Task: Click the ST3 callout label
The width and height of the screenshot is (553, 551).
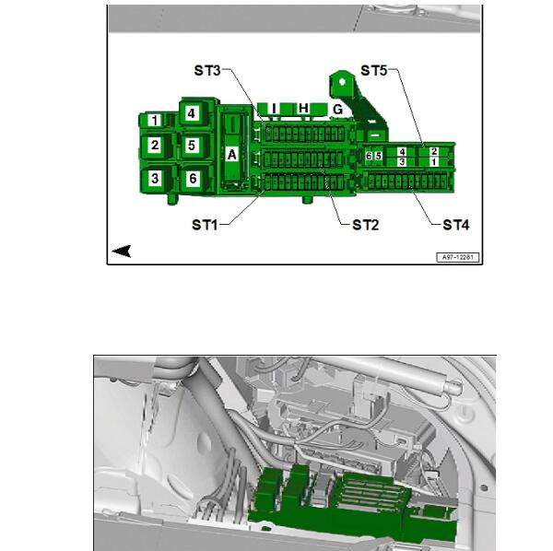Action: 207,71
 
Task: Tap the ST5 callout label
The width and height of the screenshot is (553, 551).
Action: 374,71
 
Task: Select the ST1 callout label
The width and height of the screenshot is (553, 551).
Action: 205,225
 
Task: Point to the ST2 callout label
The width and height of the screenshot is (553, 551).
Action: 366,225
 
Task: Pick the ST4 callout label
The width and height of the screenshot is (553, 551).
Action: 456,225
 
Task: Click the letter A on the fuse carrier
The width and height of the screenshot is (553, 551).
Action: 231,155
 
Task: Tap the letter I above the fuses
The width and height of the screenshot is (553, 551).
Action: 274,109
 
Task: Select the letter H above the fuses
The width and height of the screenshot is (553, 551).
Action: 303,108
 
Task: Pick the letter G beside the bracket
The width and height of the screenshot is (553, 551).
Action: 338,110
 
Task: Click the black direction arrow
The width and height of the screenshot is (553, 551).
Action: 122,251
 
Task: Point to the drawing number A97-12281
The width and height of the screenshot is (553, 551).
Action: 458,257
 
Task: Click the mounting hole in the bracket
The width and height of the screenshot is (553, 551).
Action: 342,82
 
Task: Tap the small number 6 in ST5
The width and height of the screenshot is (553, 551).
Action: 369,156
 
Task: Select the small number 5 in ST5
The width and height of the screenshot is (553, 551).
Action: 379,156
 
